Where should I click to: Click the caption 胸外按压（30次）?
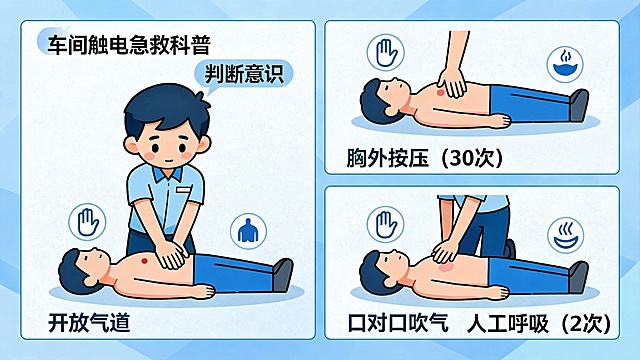click(x=423, y=159)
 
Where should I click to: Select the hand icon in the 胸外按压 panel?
click(x=386, y=53)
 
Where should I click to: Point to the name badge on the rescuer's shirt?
click(x=181, y=188)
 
